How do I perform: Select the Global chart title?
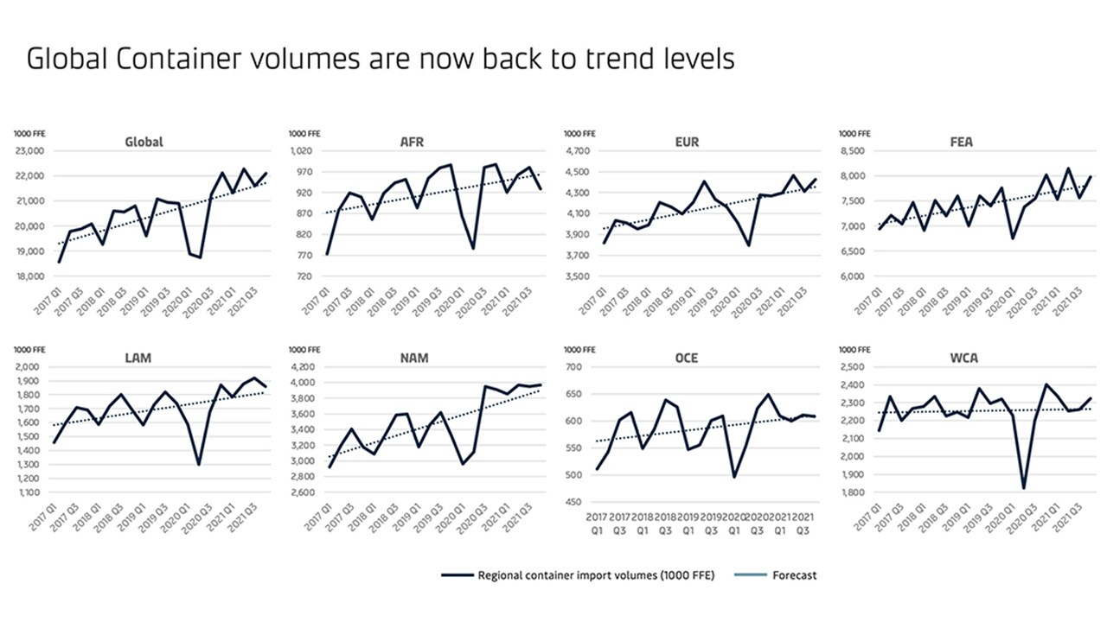click(144, 142)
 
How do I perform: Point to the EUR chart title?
click(688, 142)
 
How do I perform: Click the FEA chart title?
click(961, 142)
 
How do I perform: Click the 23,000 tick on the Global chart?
click(30, 151)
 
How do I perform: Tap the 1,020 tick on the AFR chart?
click(305, 151)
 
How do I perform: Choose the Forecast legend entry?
click(795, 575)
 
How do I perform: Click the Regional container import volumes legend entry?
click(596, 575)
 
